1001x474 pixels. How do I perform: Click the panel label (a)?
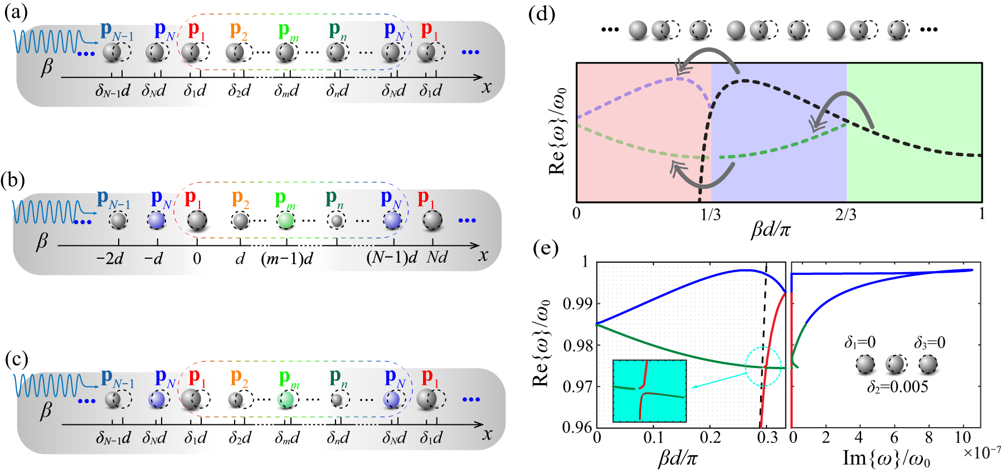tap(15, 12)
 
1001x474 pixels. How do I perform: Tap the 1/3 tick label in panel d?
tap(711, 215)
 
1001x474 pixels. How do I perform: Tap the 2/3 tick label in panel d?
tap(845, 215)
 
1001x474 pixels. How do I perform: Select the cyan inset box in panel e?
tap(649, 390)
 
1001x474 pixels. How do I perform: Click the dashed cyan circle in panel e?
tap(763, 366)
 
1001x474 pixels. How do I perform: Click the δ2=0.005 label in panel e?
tap(897, 386)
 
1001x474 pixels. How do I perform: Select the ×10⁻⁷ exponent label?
tap(981, 452)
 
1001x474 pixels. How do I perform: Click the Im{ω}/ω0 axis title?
tap(886, 459)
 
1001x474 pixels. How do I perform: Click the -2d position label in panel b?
tap(110, 259)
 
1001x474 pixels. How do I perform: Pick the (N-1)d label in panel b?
tap(391, 258)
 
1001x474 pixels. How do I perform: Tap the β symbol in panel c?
tap(46, 411)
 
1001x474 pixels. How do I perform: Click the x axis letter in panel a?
tap(487, 86)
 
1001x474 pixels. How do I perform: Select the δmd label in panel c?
tap(286, 438)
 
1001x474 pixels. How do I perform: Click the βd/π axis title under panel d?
tap(771, 229)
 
